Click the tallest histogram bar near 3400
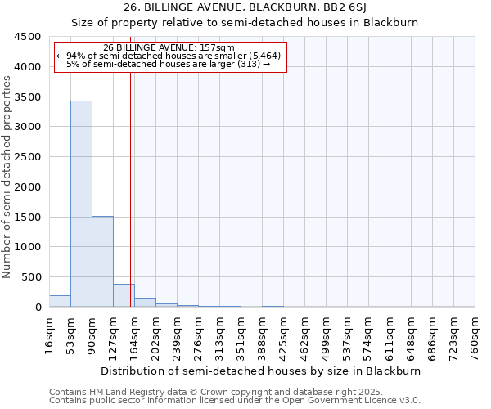coord(81,204)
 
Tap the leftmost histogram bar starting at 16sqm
coord(60,301)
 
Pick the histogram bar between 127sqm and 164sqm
coord(124,295)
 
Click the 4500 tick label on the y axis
coord(27,37)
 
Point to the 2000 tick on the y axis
coord(27,187)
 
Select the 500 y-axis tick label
coord(30,277)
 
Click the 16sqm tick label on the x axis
coord(50,335)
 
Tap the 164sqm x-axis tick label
coord(135,335)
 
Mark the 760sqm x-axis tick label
coord(475,335)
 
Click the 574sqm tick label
coord(369,335)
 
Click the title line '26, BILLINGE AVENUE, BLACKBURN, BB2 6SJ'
coord(245,7)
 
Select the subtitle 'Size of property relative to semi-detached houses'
coord(245,23)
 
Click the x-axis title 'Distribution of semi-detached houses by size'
coord(262,371)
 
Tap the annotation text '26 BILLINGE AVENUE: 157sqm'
coord(169,47)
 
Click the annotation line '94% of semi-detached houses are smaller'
coord(169,56)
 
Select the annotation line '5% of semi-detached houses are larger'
coord(169,64)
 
